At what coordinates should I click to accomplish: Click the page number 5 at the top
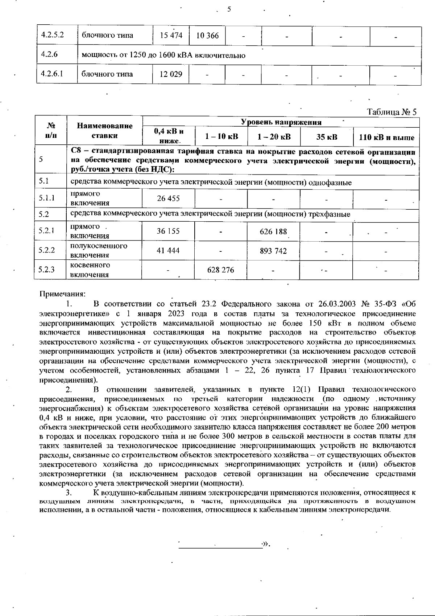coord(229,9)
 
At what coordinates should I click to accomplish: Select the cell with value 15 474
coord(171,36)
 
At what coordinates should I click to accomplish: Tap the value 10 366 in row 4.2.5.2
coord(207,36)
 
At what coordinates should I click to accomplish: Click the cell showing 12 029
coord(171,74)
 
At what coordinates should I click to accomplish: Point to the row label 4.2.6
coord(50,55)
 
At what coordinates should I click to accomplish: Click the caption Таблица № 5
coord(392,112)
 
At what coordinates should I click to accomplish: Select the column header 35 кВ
coord(327,137)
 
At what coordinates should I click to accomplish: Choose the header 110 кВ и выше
coord(386,137)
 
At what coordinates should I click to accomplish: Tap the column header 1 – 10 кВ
coord(221,137)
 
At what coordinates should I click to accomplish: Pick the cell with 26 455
coord(168,198)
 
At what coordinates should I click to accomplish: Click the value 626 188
coord(273,231)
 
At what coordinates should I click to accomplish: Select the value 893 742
coord(273,251)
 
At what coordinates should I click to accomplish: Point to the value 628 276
coord(221,270)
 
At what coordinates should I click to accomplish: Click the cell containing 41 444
coord(168,251)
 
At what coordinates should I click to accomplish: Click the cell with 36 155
coord(168,231)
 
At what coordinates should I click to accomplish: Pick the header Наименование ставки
coord(105,131)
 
